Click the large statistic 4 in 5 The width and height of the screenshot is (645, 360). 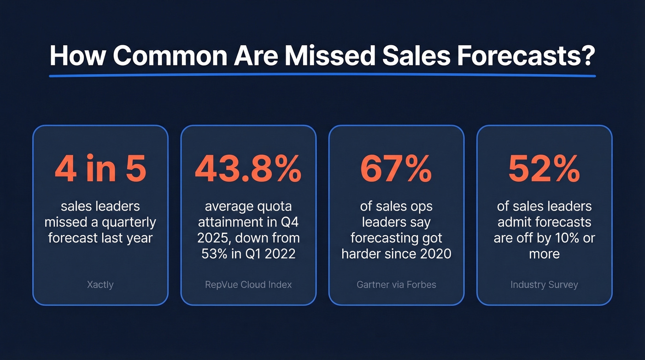(100, 169)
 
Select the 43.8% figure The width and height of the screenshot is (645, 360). (248, 169)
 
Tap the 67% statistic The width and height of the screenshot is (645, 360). (396, 169)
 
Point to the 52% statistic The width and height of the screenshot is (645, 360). (544, 169)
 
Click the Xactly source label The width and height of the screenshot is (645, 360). (100, 284)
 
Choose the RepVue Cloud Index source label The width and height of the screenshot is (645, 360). (248, 284)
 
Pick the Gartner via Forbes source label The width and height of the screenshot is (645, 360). (396, 284)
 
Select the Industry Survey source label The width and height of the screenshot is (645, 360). (544, 284)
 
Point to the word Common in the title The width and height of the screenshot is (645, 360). (170, 56)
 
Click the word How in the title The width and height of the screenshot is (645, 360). (77, 56)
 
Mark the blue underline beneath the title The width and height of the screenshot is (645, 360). (322, 75)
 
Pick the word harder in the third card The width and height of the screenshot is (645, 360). (362, 254)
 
